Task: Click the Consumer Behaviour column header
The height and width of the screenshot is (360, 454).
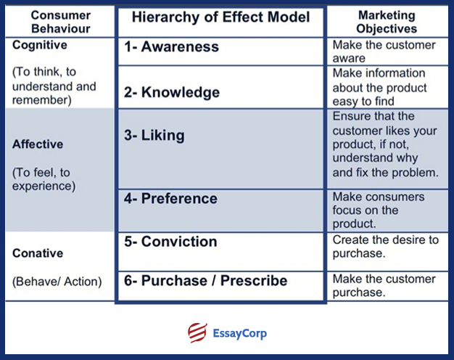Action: click(x=59, y=22)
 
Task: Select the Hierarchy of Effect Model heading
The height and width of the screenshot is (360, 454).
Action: click(x=220, y=17)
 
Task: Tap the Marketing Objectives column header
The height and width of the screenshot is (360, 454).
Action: click(x=387, y=22)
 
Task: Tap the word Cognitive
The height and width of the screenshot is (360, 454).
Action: click(x=40, y=45)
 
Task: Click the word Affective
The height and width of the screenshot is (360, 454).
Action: click(x=38, y=144)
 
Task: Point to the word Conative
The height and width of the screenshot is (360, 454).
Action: click(x=38, y=253)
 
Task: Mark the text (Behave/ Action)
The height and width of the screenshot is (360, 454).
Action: click(x=57, y=281)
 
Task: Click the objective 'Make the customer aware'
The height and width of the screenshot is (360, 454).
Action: click(x=383, y=51)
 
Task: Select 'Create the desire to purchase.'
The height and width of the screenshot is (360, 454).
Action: click(x=386, y=246)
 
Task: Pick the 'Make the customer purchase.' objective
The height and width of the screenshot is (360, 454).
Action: click(x=384, y=285)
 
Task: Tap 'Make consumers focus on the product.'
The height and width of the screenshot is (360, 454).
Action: click(x=379, y=210)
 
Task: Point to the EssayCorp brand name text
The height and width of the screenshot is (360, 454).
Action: click(x=239, y=334)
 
